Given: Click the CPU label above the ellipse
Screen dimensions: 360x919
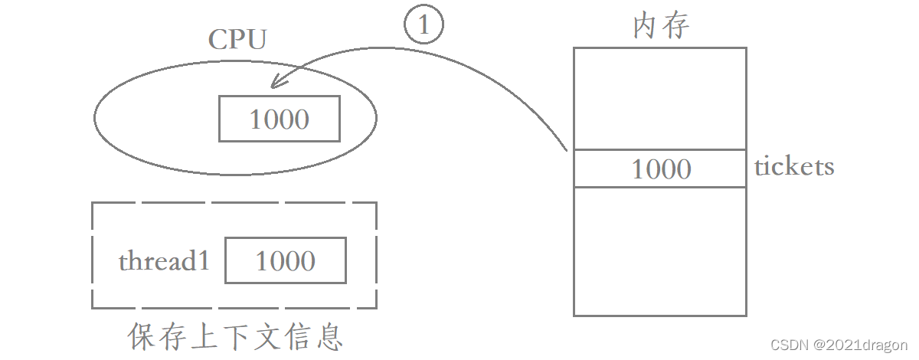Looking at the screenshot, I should pyautogui.click(x=237, y=40).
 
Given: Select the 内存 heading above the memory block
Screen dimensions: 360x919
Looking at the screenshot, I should pyautogui.click(x=661, y=26).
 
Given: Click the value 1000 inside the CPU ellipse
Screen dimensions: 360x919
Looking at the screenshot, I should pyautogui.click(x=280, y=119).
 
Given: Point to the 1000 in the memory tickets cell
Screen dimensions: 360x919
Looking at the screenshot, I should pyautogui.click(x=660, y=169).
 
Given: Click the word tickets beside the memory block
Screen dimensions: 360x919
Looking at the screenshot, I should pyautogui.click(x=794, y=166).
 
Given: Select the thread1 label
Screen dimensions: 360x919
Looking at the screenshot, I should pyautogui.click(x=164, y=261).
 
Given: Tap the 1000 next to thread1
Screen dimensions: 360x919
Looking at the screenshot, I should pyautogui.click(x=285, y=260).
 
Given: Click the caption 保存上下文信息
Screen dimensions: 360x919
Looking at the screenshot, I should pyautogui.click(x=236, y=336).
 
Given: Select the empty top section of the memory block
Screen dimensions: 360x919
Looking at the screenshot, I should pyautogui.click(x=659, y=98).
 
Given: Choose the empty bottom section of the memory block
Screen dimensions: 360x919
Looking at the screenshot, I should pyautogui.click(x=659, y=251).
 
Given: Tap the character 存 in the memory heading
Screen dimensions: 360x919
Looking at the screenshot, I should pyautogui.click(x=676, y=26).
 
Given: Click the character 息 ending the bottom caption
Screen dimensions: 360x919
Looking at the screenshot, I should pyautogui.click(x=328, y=336).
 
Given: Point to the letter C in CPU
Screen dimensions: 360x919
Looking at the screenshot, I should pyautogui.click(x=218, y=40).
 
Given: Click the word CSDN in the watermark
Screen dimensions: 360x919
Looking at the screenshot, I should pyautogui.click(x=786, y=346).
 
